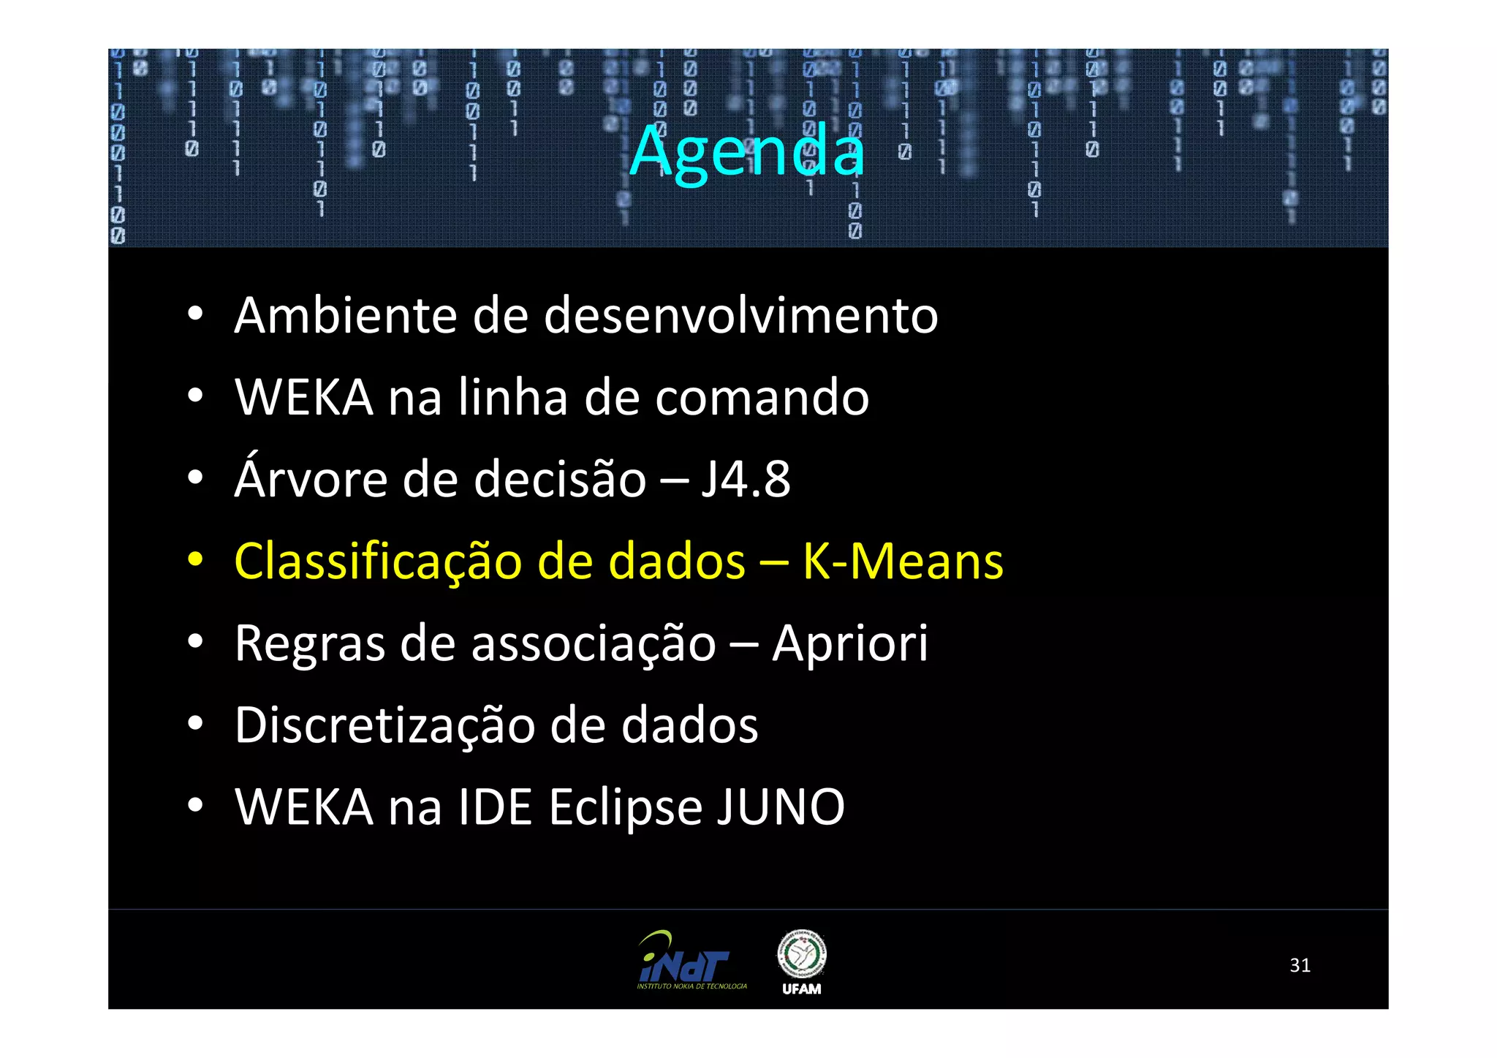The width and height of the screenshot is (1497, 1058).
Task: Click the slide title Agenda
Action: point(747,151)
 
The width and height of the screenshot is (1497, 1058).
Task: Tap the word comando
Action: point(762,398)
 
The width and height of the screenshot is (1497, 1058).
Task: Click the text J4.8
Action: point(746,480)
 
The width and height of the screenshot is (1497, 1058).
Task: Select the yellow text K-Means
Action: point(903,562)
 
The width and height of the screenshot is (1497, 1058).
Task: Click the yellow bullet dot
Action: point(194,561)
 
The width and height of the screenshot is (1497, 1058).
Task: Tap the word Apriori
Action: point(850,644)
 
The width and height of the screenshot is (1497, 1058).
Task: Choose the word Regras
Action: point(310,644)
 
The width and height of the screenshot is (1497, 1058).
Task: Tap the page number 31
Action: point(1300,965)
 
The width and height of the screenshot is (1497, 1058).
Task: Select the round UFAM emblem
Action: point(801,953)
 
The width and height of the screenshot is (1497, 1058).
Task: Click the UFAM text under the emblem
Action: point(801,989)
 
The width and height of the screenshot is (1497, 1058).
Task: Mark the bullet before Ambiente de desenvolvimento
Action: point(194,315)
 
